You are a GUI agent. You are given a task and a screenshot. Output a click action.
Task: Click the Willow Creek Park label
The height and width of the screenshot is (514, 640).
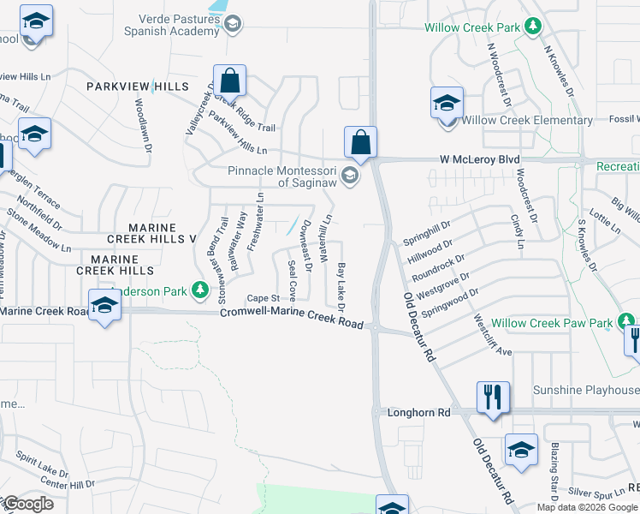click(472, 27)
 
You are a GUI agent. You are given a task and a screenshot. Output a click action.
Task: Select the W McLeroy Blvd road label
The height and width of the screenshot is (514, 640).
click(480, 159)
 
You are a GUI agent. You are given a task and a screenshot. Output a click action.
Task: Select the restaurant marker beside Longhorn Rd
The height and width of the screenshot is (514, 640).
click(492, 397)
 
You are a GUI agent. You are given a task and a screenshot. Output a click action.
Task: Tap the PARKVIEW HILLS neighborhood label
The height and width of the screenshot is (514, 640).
click(137, 87)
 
